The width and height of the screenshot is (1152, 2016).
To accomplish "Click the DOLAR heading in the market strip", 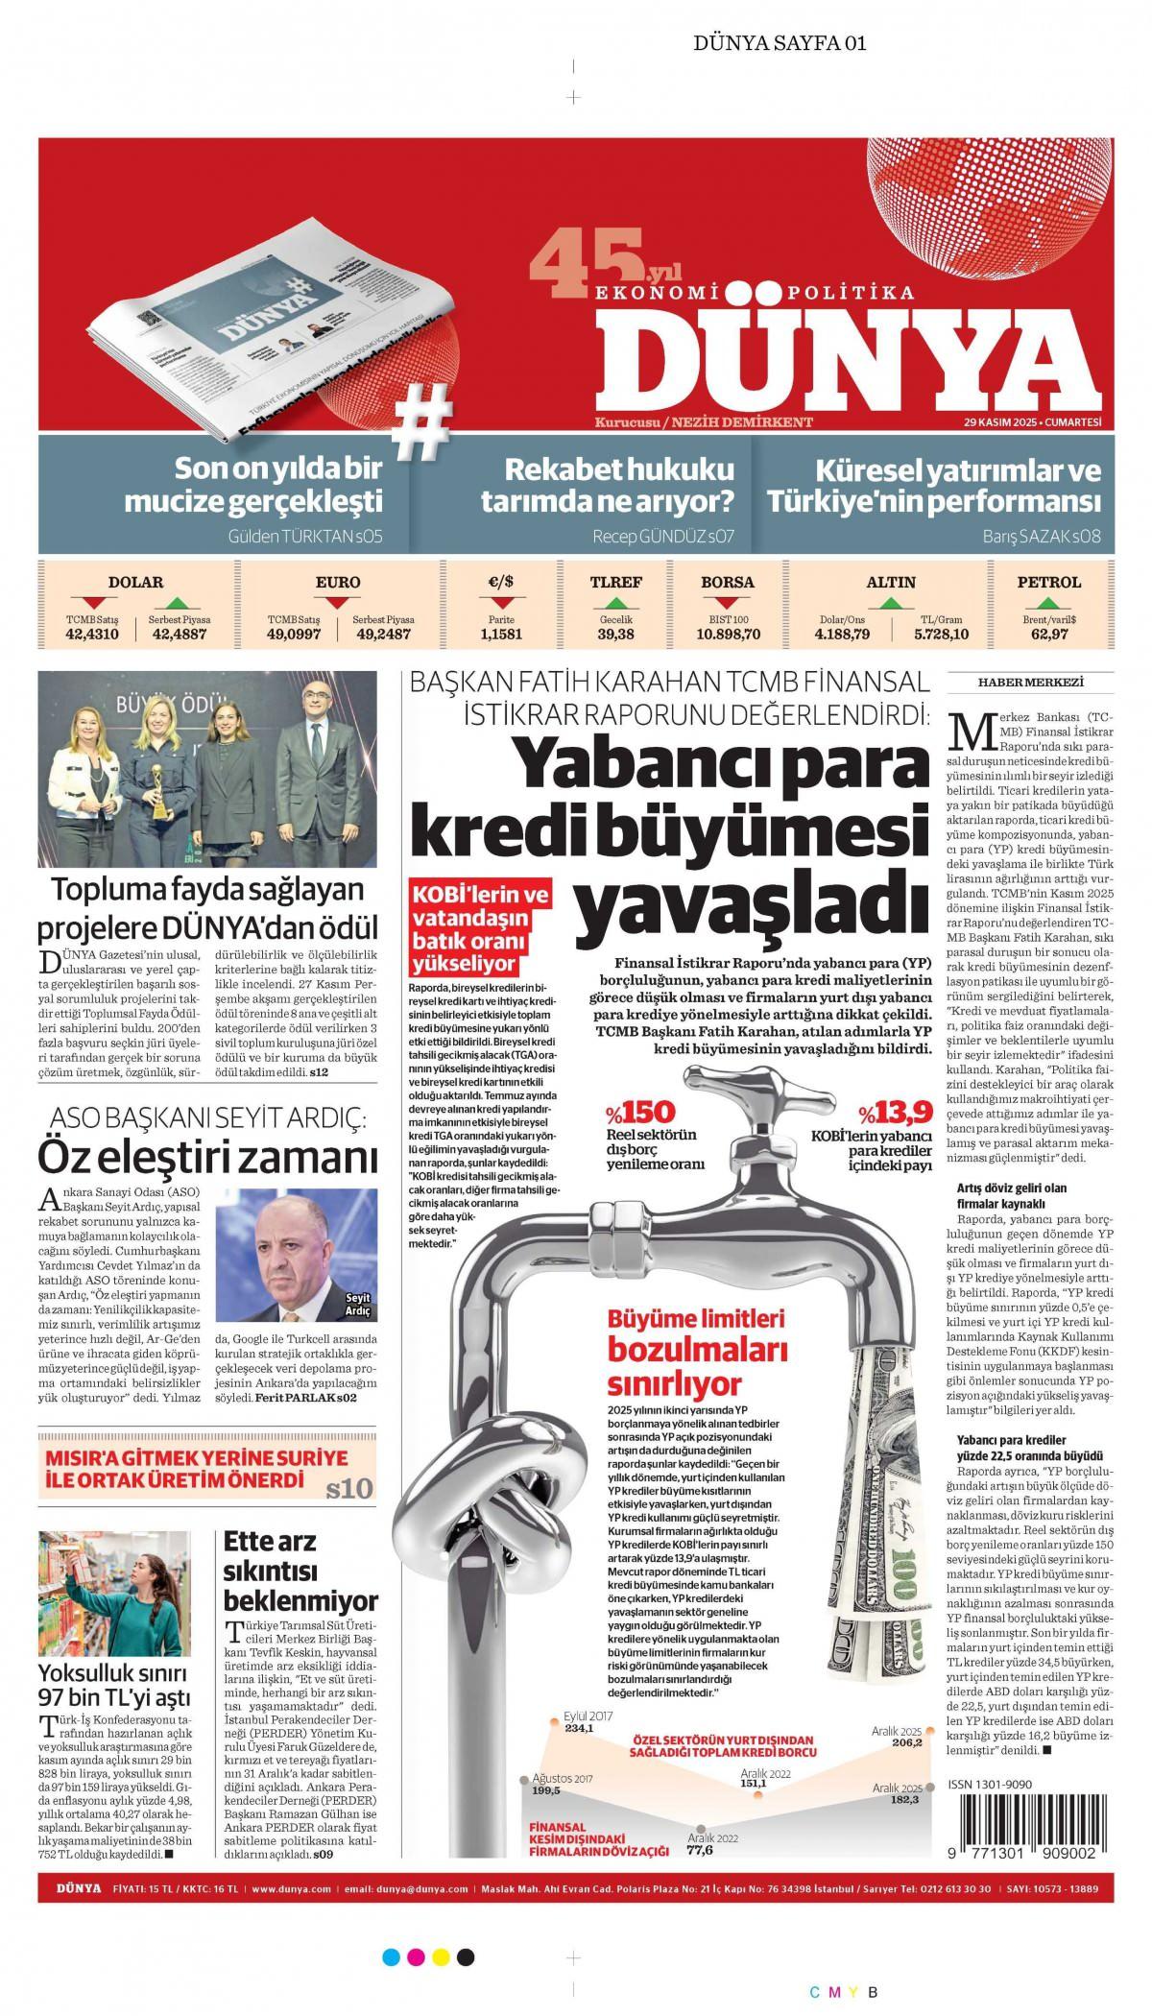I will tap(135, 582).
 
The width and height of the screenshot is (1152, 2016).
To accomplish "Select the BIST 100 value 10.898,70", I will tap(728, 634).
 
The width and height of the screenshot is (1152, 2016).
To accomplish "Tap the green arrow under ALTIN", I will tap(890, 603).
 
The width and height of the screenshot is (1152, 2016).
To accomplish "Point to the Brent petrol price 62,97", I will tap(1048, 634).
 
